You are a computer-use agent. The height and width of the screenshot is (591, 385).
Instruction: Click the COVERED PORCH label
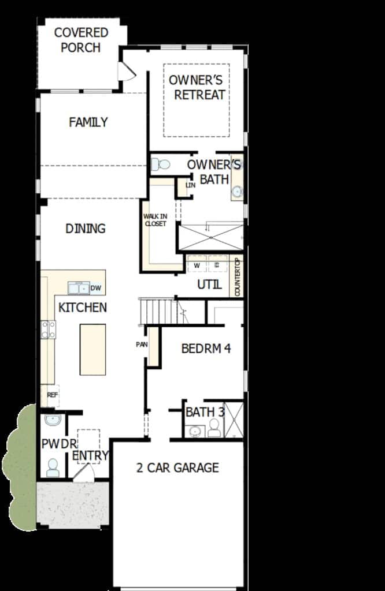coord(81,40)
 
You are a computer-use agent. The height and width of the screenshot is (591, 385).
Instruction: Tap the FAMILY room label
coord(88,122)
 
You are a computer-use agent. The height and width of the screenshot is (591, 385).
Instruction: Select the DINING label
coord(86,229)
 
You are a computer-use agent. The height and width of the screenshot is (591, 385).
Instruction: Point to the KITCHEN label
coord(82,308)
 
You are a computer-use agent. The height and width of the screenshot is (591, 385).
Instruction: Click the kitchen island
coord(92,349)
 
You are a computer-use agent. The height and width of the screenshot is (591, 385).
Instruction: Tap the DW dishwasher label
coord(96,289)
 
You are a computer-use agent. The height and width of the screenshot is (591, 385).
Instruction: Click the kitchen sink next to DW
coord(79,289)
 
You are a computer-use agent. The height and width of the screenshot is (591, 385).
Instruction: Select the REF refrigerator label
coord(53,395)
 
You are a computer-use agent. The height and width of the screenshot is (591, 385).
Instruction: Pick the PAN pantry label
coord(142,345)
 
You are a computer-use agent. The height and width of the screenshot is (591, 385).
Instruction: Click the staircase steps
coord(158,312)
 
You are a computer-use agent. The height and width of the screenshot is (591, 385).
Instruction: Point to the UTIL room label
coord(209,285)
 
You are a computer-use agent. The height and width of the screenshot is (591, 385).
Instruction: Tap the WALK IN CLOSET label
coord(155,220)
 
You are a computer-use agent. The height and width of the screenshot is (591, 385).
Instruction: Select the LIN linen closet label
coord(191,185)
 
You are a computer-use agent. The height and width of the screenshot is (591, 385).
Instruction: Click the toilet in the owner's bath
coord(161,164)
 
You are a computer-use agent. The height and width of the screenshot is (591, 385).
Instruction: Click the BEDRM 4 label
coord(206,349)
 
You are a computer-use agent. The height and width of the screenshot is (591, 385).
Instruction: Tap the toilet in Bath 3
coord(214,428)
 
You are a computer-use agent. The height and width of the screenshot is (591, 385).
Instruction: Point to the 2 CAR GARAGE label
coord(177,467)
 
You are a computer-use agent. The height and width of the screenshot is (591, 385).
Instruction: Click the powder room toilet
coord(53,467)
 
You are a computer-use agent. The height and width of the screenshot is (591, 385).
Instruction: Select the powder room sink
coord(53,420)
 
